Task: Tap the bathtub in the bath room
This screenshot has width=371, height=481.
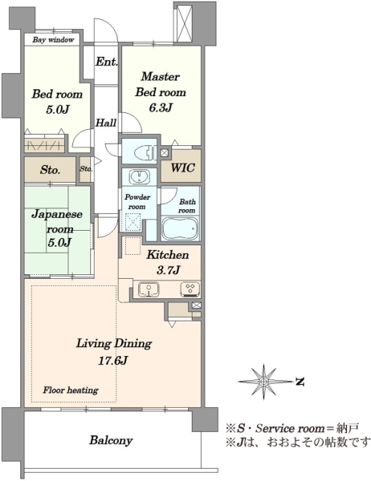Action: (181, 228)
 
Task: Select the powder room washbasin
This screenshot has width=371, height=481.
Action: (140, 177)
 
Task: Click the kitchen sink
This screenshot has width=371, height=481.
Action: (149, 289)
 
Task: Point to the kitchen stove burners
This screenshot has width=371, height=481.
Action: (190, 289)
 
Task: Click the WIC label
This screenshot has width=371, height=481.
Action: (182, 168)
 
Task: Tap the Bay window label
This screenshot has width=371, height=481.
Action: (53, 39)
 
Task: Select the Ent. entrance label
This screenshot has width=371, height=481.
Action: (106, 62)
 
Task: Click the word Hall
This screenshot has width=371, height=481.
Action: (106, 123)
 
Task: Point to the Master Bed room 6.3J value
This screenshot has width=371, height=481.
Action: (160, 108)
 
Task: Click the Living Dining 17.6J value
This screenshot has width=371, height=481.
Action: (112, 361)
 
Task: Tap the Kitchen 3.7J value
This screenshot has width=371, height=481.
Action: (168, 270)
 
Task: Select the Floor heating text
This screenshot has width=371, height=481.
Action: (71, 390)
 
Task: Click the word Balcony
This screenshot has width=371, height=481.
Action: (111, 441)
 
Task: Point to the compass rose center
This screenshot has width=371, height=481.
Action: (263, 382)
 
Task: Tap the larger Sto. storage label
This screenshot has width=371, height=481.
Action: (50, 170)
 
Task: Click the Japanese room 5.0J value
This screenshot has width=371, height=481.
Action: (60, 243)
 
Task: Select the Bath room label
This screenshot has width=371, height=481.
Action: (187, 206)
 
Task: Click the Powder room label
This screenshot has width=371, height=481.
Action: (137, 201)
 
